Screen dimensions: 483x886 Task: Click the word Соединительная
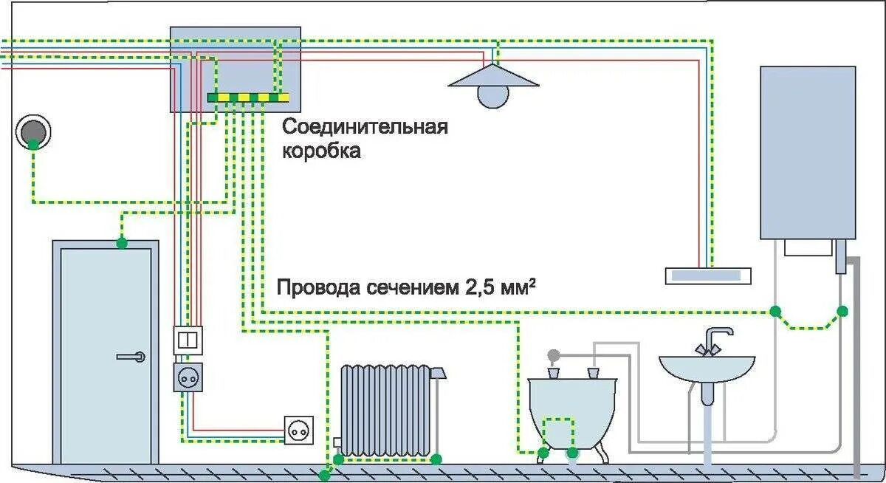pyautogui.click(x=365, y=126)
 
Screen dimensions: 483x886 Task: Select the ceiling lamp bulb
pyautogui.click(x=493, y=95)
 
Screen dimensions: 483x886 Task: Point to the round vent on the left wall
pyautogui.click(x=33, y=130)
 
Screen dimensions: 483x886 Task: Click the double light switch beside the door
pyautogui.click(x=188, y=340)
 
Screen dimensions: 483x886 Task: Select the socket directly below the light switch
pyautogui.click(x=188, y=377)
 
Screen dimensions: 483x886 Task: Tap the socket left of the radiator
pyautogui.click(x=299, y=428)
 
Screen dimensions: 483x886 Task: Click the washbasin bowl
pyautogui.click(x=707, y=368)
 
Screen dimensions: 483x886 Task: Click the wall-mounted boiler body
pyautogui.click(x=808, y=151)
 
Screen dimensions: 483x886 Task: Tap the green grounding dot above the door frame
pyautogui.click(x=121, y=242)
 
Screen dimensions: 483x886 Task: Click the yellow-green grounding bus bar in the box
pyautogui.click(x=248, y=97)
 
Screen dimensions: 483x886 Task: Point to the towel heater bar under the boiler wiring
pyautogui.click(x=708, y=275)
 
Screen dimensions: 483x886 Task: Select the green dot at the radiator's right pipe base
pyautogui.click(x=436, y=459)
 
